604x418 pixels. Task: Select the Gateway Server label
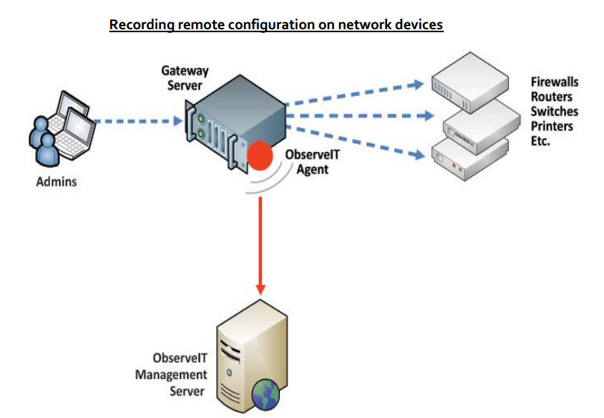click(x=185, y=78)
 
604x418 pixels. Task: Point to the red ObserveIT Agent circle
click(x=260, y=156)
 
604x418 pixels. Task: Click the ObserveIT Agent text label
click(x=308, y=163)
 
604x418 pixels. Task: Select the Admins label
click(x=56, y=182)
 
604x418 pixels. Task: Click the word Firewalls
click(x=555, y=82)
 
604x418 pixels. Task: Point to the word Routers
click(x=552, y=97)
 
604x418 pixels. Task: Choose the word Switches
click(x=554, y=111)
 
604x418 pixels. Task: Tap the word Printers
click(x=552, y=126)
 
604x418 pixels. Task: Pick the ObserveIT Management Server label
click(x=170, y=374)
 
